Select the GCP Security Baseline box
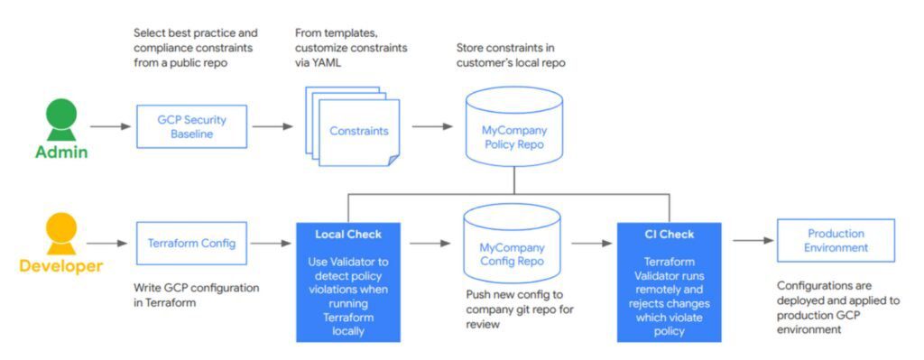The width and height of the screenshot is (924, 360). coord(190,126)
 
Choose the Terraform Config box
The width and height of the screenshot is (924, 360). coord(190,242)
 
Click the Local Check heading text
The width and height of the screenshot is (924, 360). coord(348,235)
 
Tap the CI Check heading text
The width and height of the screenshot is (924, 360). coord(669,235)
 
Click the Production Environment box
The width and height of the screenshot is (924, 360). coord(836,240)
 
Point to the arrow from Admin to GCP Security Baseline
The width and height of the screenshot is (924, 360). coord(111,126)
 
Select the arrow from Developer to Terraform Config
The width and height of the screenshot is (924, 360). coord(111,242)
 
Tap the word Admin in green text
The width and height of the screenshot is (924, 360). coord(60,152)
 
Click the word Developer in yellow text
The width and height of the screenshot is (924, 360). coord(60,266)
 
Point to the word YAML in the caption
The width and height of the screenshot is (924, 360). coord(330,63)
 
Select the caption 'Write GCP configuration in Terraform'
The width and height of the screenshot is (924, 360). coord(196,295)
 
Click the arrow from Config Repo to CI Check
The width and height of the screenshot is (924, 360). coord(591,242)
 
